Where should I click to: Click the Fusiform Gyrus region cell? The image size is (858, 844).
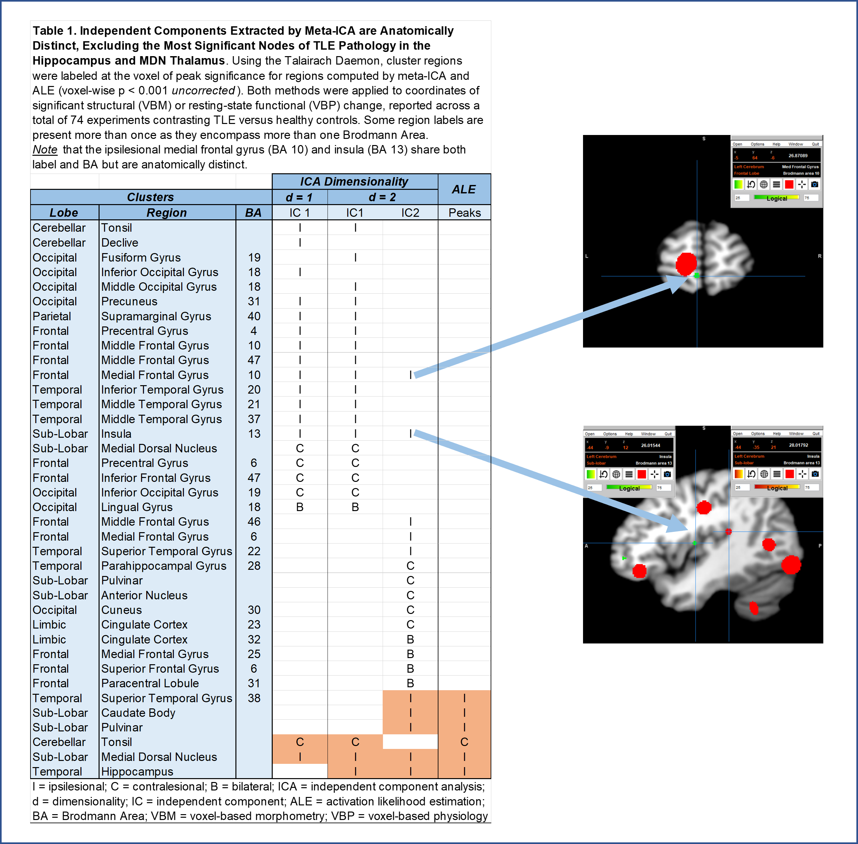[x=141, y=258]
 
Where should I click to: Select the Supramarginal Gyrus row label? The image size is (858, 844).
[x=156, y=316]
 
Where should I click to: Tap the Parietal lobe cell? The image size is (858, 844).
[x=52, y=316]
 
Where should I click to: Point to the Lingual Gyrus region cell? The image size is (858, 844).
[x=137, y=507]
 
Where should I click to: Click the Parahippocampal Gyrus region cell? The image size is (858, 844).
[x=163, y=566]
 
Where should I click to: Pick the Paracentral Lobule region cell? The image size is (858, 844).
[x=150, y=683]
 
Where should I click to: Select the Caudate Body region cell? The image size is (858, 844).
[x=138, y=713]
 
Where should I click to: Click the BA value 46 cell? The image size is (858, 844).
[x=254, y=522]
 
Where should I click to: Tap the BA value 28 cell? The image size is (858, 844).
[x=254, y=566]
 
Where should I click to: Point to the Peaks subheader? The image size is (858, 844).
[x=464, y=213]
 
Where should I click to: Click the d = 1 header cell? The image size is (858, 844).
[x=299, y=197]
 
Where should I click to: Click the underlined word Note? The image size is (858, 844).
[x=45, y=150]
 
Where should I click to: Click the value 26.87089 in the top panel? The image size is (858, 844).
[x=798, y=155]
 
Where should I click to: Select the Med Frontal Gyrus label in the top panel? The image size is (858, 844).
[x=800, y=167]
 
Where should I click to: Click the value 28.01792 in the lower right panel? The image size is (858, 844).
[x=798, y=445]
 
